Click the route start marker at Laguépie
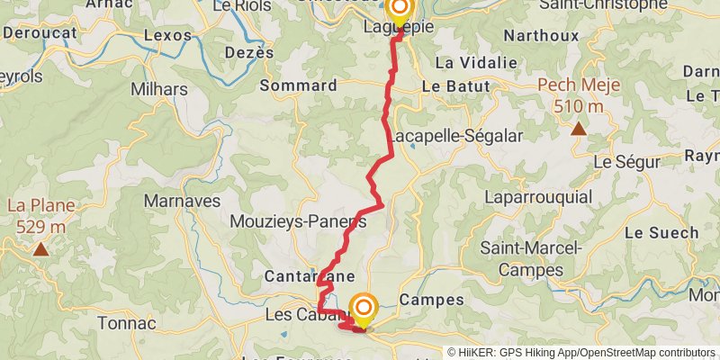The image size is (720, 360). tap(398, 10)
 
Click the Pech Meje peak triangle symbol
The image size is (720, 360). tap(578, 129)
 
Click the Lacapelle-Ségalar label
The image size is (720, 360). tap(445, 137)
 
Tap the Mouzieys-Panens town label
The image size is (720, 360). tap(298, 221)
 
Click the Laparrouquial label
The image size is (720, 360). tap(538, 196)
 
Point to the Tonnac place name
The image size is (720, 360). tap(127, 322)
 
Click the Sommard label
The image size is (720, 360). tap(298, 85)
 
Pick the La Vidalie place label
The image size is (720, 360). tap(476, 63)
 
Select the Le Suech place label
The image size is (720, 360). tap(661, 232)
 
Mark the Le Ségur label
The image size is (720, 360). tap(628, 162)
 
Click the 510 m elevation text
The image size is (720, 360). tap(578, 106)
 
